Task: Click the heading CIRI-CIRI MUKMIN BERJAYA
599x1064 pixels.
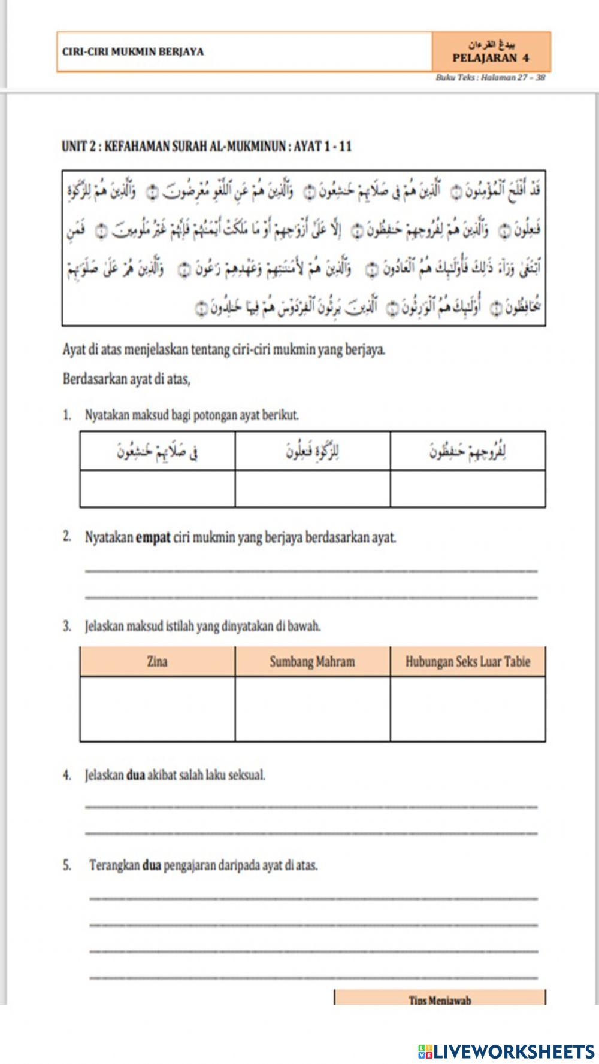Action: (133, 51)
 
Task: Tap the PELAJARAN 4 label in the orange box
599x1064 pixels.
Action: (491, 58)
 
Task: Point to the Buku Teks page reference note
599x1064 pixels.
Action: (491, 78)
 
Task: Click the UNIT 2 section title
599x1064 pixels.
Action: (207, 146)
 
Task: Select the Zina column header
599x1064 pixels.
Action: (157, 661)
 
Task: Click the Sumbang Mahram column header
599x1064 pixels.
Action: (312, 661)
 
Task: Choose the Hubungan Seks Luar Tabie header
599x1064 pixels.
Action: (467, 661)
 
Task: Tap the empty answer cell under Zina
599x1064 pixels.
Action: (157, 709)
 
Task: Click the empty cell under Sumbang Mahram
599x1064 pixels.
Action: (312, 709)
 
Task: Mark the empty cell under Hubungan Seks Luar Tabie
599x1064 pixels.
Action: (467, 709)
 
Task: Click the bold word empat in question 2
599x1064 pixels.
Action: (153, 537)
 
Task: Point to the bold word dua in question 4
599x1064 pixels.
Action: (136, 775)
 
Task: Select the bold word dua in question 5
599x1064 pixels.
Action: (152, 865)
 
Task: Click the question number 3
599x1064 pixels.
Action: (67, 627)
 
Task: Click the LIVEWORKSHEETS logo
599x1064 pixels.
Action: (506, 1051)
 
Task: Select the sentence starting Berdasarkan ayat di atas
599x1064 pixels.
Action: (126, 379)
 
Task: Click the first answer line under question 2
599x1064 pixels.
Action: (311, 570)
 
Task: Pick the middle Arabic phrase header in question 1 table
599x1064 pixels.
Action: (312, 451)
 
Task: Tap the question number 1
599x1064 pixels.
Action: (67, 415)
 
